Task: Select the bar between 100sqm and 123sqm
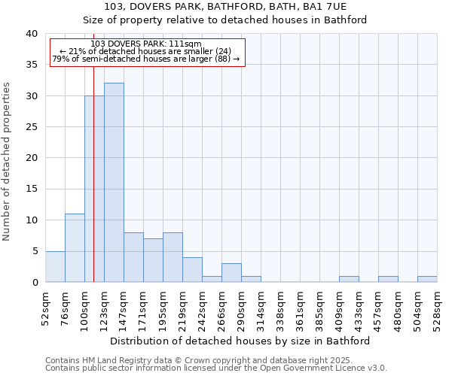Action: click(94, 189)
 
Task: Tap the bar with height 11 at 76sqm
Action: click(75, 248)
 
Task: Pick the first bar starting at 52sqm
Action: click(55, 267)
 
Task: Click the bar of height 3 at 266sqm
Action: click(231, 273)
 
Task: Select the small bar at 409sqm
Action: click(349, 279)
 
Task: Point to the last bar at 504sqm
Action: click(427, 279)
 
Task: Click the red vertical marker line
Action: click(93, 150)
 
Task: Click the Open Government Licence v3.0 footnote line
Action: click(216, 368)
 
